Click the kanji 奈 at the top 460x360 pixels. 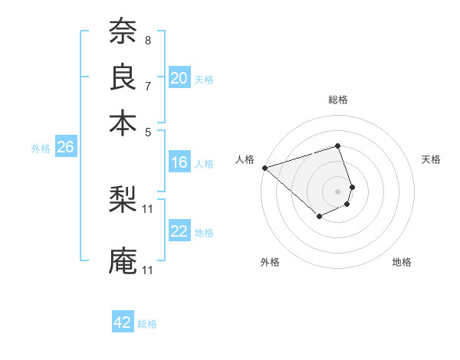tap(123, 33)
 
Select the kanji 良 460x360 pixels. tap(123, 77)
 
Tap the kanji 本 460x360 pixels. tap(123, 123)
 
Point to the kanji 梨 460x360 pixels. tap(123, 201)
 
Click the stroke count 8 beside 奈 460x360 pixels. tap(147, 40)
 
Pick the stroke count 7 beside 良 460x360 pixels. tap(147, 85)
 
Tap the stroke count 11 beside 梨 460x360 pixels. tap(148, 208)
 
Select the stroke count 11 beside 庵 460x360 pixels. tap(148, 270)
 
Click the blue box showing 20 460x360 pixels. tap(179, 78)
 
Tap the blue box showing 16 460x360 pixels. tap(179, 162)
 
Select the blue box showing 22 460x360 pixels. tap(179, 232)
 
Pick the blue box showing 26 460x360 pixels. tap(65, 148)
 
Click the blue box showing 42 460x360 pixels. tap(123, 322)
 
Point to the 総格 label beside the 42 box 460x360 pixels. tap(147, 324)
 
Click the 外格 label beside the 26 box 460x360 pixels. tap(40, 149)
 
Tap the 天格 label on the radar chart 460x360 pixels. tap(431, 159)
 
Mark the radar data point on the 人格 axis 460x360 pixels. tap(264, 168)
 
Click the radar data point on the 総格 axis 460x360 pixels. tap(337, 146)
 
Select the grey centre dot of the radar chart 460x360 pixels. tap(337, 191)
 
